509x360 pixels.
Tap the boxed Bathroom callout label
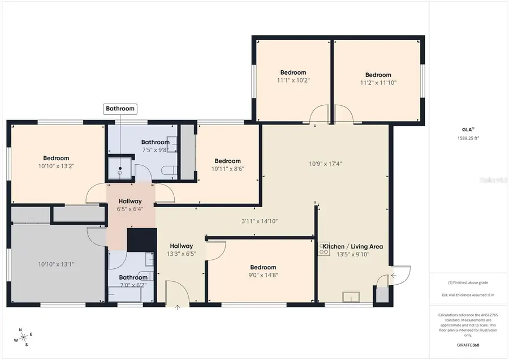click(x=120, y=109)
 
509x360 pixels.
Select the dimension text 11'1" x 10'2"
click(x=293, y=80)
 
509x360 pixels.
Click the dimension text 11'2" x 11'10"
click(x=378, y=83)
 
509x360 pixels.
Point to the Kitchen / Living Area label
click(x=360, y=246)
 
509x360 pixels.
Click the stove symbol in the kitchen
click(x=324, y=248)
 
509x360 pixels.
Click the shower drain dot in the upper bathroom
click(x=120, y=169)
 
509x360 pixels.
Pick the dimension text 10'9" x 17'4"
click(x=325, y=164)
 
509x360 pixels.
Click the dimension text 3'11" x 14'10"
click(x=260, y=221)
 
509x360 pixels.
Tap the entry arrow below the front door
click(x=178, y=308)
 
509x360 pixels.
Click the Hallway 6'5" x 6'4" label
click(x=130, y=205)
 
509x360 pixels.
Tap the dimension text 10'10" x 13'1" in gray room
click(x=56, y=264)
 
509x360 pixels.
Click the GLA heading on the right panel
click(x=468, y=129)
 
